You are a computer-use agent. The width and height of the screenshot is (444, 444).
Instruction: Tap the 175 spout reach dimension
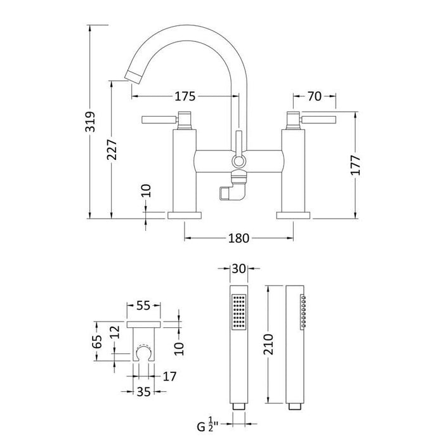coord(184,96)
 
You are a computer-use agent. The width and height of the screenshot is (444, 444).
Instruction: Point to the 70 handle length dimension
coord(315,96)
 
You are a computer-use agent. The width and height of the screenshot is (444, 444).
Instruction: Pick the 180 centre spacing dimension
coord(238,238)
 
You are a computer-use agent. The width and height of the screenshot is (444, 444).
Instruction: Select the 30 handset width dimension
coord(239,268)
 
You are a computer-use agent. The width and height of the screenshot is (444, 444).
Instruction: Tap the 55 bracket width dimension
coord(143,306)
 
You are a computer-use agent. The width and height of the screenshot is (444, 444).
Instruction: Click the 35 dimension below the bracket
coord(143,392)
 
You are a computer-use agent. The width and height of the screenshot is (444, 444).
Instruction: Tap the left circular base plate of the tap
coord(185,216)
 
